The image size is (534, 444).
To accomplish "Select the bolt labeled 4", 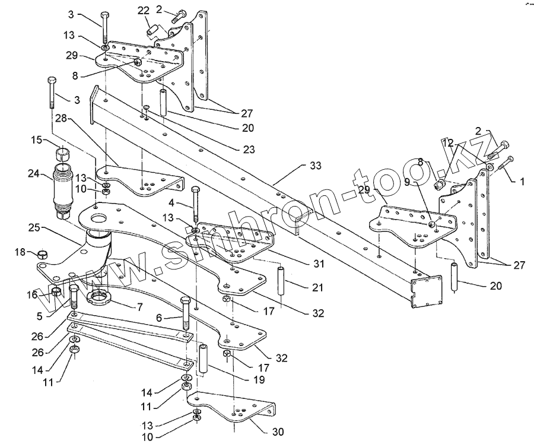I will [x=196, y=205].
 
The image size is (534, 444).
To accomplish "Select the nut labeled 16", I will [x=55, y=291].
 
